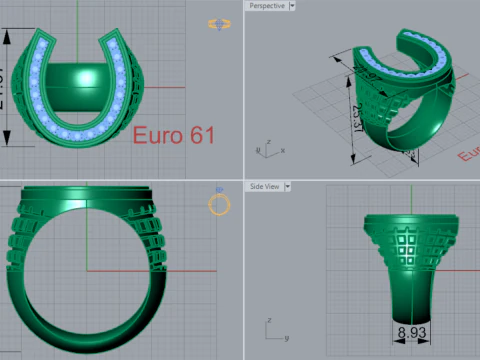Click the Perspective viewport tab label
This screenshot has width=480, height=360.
(x=266, y=6)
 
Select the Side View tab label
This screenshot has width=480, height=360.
(x=264, y=186)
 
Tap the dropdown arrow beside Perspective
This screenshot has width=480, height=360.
(x=292, y=6)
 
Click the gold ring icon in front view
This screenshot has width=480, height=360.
(x=220, y=205)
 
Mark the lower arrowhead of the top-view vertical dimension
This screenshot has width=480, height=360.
(x=9, y=143)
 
